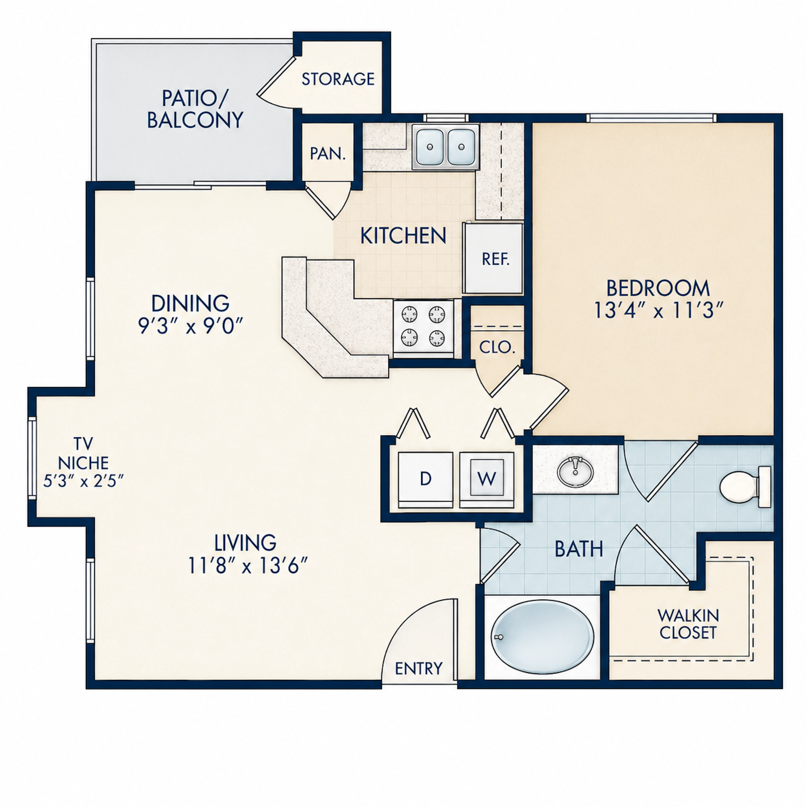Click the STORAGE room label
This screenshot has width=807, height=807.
pyautogui.click(x=338, y=79)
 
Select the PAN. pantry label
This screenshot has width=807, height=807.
pyautogui.click(x=328, y=154)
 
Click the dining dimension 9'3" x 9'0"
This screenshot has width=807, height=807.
pyautogui.click(x=190, y=326)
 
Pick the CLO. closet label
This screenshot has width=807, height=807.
pyautogui.click(x=497, y=347)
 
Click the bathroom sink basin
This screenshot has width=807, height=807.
pyautogui.click(x=575, y=472)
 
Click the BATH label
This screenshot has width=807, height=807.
pyautogui.click(x=579, y=549)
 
